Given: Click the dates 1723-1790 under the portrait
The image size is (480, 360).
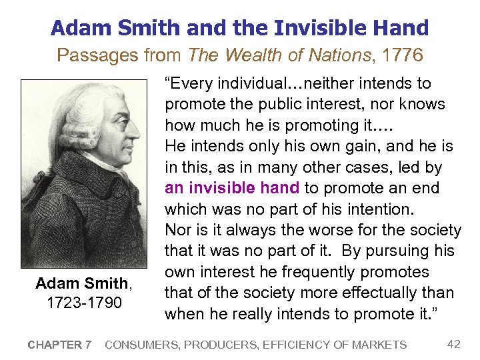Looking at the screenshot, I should point(85,303).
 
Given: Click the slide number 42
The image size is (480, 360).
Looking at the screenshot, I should point(453,344).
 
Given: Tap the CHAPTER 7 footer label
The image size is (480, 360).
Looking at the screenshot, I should point(59,345).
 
